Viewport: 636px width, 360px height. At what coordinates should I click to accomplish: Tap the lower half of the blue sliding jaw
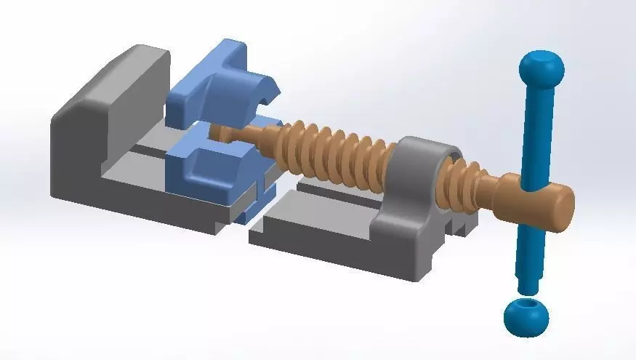click(204, 171)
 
